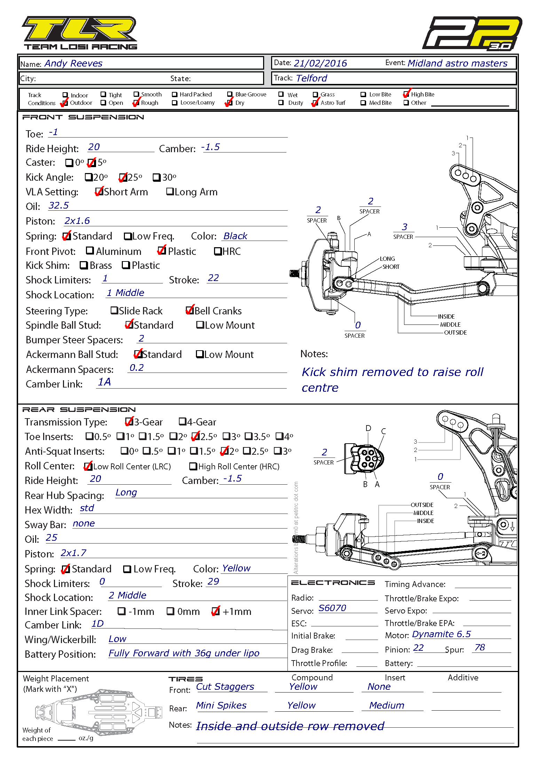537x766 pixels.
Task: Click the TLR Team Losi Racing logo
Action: pos(80,33)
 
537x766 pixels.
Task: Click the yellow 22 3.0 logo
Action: pos(472,33)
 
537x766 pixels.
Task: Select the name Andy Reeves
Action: pos(73,63)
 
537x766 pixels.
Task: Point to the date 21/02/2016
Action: pos(320,63)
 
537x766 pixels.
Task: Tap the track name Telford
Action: pos(311,78)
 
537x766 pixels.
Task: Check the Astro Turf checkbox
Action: pos(315,103)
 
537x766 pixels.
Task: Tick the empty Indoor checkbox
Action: pos(65,95)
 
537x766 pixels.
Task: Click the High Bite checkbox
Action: pos(406,94)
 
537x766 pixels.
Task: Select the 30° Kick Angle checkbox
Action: pos(157,178)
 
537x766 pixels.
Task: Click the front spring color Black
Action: pos(235,236)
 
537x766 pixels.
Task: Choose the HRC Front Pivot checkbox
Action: pos(218,251)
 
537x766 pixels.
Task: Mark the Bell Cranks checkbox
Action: pos(190,310)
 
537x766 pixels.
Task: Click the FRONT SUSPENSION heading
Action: pos(83,117)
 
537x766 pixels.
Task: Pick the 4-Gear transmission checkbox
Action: pos(182,422)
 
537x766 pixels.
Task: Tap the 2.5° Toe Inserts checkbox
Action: pos(196,436)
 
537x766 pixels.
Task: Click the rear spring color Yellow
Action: pos(236,568)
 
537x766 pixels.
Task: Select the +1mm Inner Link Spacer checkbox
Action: pos(216,611)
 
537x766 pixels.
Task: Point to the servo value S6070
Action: pos(332,608)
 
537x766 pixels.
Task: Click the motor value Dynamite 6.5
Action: pos(441,634)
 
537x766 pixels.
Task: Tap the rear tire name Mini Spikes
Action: pos(221,705)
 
